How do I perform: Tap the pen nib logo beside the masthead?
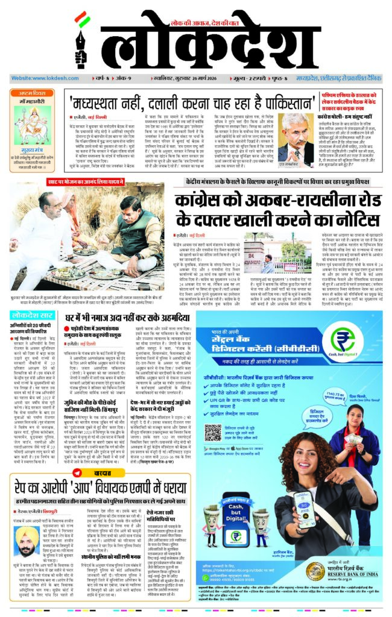pyautogui.click(x=78, y=43)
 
